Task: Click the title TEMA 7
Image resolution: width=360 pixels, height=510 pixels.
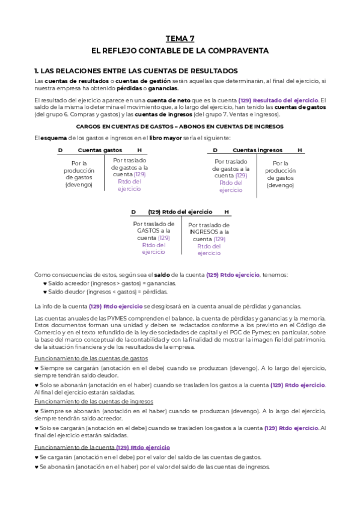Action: (180, 38)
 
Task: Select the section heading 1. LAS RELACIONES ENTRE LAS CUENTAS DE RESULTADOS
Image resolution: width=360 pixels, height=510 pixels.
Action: (136, 70)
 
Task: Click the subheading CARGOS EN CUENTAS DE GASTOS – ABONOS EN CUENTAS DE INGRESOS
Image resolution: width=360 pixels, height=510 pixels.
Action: (180, 126)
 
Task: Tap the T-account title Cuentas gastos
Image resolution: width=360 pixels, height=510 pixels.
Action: (100, 150)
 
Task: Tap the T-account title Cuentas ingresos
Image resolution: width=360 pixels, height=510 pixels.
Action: (257, 150)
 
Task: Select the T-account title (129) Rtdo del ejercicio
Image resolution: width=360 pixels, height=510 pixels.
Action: (180, 212)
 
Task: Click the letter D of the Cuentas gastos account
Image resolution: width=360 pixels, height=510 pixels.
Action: (60, 150)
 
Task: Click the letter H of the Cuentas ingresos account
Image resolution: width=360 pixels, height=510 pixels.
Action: (299, 150)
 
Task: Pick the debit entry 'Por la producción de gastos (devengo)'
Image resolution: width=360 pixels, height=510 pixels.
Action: (79, 174)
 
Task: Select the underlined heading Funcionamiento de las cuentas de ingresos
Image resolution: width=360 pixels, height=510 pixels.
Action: (94, 401)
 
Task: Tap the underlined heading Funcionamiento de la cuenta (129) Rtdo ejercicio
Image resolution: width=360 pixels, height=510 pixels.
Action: (102, 447)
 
